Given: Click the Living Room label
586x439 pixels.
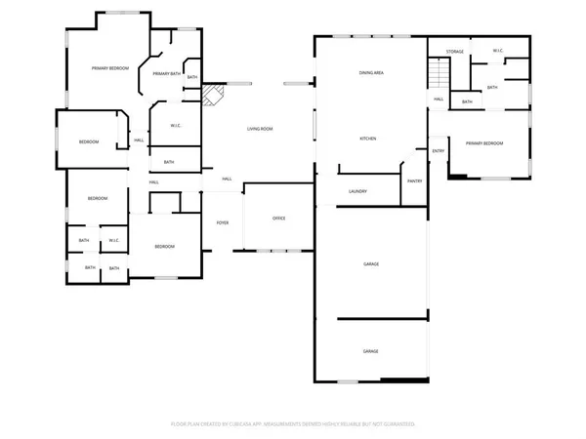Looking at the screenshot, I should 259,129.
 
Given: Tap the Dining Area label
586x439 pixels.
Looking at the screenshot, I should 370,73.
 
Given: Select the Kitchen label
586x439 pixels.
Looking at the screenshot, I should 368,139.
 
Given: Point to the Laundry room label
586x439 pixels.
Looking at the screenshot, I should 357,190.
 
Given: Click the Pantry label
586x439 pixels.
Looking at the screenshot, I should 415,180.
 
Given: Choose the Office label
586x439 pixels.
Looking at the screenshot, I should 278,217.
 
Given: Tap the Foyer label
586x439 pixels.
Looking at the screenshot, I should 223,223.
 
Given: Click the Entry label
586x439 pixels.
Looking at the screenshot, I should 439,150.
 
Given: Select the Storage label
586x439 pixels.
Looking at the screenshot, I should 455,51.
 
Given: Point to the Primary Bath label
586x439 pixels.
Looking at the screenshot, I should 166,73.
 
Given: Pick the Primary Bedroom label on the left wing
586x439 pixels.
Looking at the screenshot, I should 110,68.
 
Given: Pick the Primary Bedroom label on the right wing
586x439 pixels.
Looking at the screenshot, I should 484,143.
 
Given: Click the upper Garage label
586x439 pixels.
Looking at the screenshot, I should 371,264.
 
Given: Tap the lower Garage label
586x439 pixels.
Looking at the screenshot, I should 371,351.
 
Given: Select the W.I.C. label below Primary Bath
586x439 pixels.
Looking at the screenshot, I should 178,125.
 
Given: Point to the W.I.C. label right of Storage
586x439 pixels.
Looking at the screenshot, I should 497,51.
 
